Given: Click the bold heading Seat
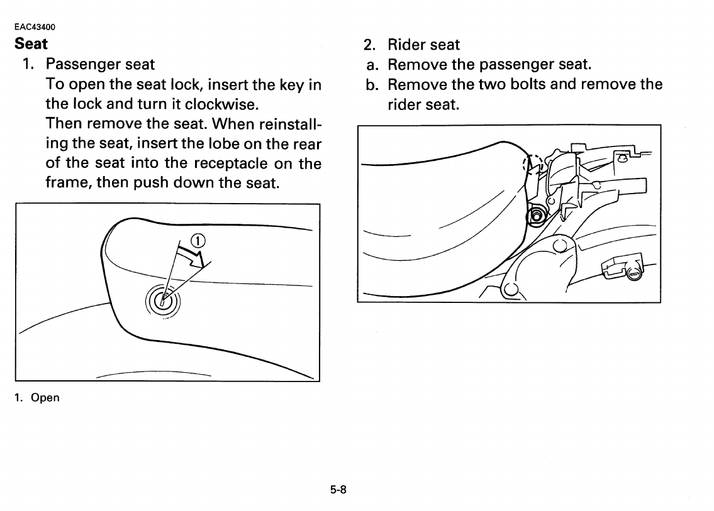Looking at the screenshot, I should click(31, 44).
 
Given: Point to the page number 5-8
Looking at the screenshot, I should click(338, 489).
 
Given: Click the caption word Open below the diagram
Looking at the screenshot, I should click(45, 398).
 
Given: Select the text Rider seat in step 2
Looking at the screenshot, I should click(423, 45).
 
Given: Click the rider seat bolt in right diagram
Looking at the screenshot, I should click(537, 216).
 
